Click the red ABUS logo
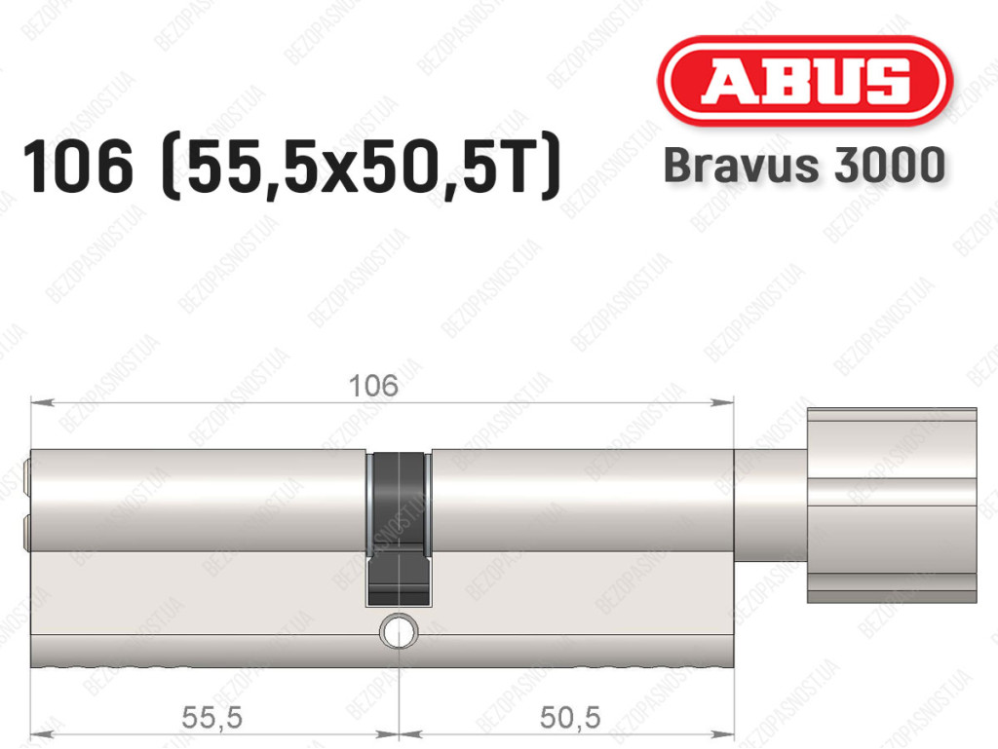[x=804, y=82]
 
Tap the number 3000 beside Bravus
[x=889, y=165]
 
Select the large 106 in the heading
[x=78, y=167]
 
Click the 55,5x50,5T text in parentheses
[x=361, y=168]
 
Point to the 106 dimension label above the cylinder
[x=373, y=386]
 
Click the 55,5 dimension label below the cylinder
[x=211, y=718]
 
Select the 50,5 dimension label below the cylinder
[x=569, y=718]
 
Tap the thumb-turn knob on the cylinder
[x=892, y=506]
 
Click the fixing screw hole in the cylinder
[x=399, y=631]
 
